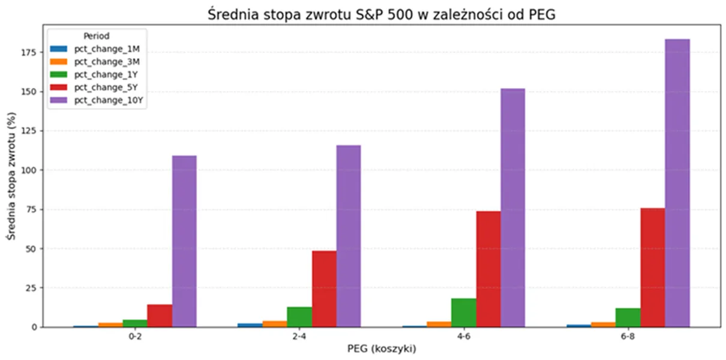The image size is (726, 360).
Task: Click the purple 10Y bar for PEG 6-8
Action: [x=677, y=183]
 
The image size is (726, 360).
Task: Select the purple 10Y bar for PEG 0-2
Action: [x=184, y=241]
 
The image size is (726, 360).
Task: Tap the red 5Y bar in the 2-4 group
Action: [x=324, y=289]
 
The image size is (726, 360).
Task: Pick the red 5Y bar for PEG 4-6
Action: [x=488, y=269]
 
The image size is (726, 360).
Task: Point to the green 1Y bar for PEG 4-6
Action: [x=464, y=313]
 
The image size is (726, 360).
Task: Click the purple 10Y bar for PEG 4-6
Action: [x=513, y=208]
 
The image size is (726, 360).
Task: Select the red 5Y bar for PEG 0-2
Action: [x=160, y=316]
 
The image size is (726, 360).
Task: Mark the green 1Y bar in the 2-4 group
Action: [x=300, y=317]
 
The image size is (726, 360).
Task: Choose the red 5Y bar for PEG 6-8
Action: [x=653, y=268]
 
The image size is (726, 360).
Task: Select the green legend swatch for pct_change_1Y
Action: [x=59, y=74]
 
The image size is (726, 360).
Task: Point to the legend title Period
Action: [x=96, y=36]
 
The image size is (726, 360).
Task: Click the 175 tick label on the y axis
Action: [x=29, y=52]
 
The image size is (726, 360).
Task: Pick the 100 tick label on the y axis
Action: [x=29, y=170]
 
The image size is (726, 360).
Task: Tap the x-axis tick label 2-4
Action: [x=299, y=337]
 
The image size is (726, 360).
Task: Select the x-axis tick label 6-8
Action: [x=628, y=337]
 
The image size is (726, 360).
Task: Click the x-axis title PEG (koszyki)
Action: [x=382, y=349]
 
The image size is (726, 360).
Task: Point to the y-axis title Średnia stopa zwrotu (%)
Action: [x=11, y=176]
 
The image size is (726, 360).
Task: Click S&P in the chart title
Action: [x=368, y=14]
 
